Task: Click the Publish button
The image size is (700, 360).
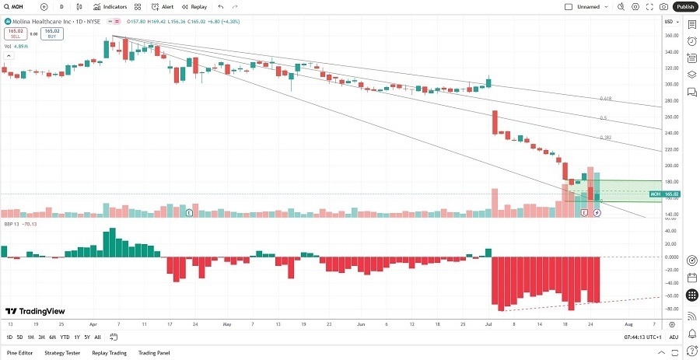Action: [684, 6]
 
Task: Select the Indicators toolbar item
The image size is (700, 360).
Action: [110, 6]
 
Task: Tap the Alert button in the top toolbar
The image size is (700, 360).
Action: [163, 6]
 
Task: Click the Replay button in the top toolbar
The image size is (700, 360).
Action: [194, 6]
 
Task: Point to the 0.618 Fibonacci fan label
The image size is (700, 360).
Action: [605, 99]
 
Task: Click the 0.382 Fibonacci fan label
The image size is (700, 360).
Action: [605, 138]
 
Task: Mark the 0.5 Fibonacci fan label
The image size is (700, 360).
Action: [604, 118]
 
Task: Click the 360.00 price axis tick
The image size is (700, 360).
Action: [671, 36]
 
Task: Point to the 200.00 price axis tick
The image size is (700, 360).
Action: [671, 166]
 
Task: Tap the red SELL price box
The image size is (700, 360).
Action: [15, 33]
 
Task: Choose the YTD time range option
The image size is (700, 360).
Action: [65, 337]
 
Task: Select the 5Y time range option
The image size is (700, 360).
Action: [87, 337]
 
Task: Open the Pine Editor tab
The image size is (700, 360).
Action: [20, 352]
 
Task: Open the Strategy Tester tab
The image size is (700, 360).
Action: [62, 352]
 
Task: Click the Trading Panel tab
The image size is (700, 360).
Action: [153, 352]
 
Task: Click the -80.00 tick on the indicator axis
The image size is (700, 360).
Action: [671, 309]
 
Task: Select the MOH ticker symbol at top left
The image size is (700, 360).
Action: [16, 6]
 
